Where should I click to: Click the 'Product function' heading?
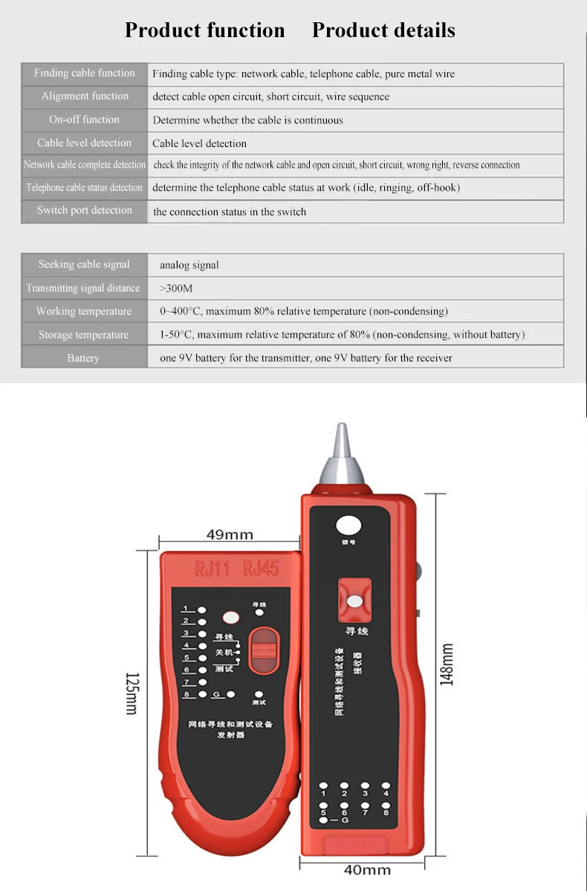(x=204, y=30)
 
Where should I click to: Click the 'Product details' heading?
(x=383, y=30)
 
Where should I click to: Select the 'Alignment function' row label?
(x=85, y=97)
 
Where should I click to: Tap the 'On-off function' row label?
(x=84, y=120)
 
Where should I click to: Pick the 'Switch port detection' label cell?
(x=85, y=211)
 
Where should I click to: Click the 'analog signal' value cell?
(x=189, y=265)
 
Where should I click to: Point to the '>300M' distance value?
(x=176, y=288)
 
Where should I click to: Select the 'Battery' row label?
(x=83, y=358)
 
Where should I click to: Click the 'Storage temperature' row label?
(x=84, y=335)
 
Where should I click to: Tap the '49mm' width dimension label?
(x=230, y=535)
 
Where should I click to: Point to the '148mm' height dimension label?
(x=447, y=665)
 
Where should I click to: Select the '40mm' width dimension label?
(x=367, y=869)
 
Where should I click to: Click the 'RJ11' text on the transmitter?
(x=212, y=569)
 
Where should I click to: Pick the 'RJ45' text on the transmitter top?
(x=261, y=569)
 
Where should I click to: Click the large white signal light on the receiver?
(x=348, y=526)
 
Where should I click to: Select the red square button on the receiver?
(x=355, y=600)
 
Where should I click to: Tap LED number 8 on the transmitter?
(x=202, y=694)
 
